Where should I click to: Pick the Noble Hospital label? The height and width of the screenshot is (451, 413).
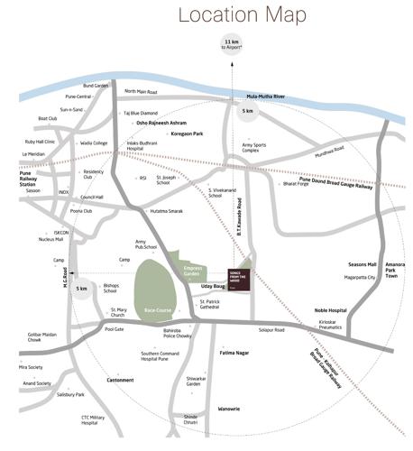coord(330,309)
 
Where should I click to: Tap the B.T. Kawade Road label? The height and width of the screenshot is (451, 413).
coord(254,216)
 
